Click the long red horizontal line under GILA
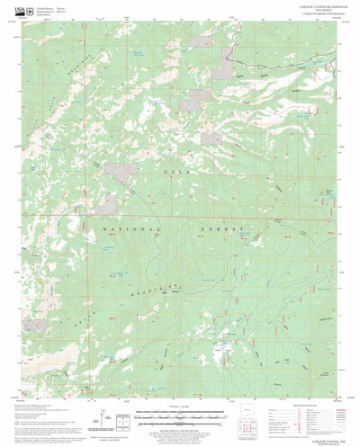[180, 216]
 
